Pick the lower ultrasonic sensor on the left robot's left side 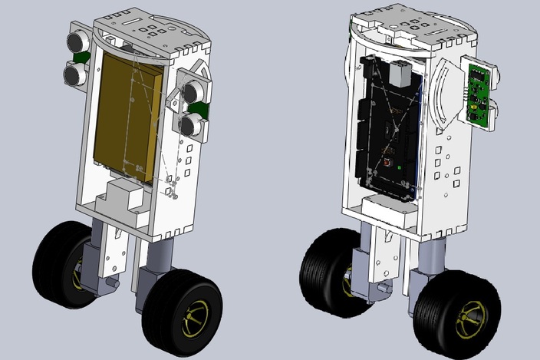pyautogui.click(x=74, y=74)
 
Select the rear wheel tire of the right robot pyautogui.click(x=326, y=272)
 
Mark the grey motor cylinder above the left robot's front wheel pyautogui.click(x=158, y=257)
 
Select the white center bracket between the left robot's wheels pyautogui.click(x=114, y=253)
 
